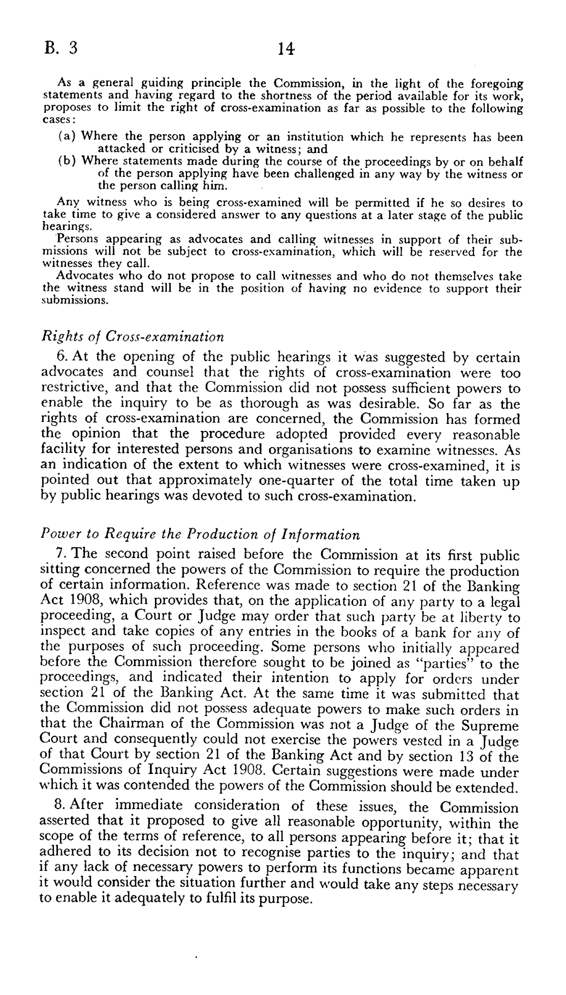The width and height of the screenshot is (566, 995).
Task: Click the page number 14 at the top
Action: [286, 49]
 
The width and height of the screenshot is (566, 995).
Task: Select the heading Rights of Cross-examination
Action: [132, 337]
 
